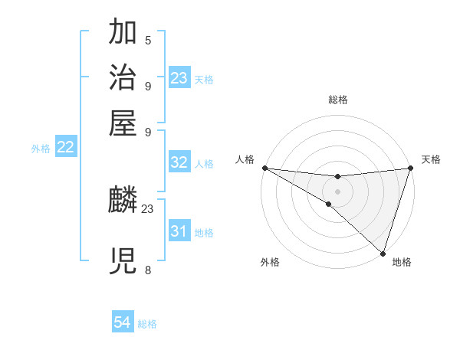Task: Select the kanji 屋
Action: [123, 122]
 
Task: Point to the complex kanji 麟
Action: [123, 201]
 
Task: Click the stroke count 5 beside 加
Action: [148, 40]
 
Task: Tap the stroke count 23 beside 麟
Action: [148, 208]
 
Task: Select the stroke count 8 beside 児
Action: [148, 270]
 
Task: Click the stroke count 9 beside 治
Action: [148, 85]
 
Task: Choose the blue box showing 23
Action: [179, 77]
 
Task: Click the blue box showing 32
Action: [179, 162]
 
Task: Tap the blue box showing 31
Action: [179, 231]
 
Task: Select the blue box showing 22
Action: [65, 147]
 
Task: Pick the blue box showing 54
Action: [123, 323]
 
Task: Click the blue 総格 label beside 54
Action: [147, 324]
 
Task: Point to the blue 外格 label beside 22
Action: [41, 149]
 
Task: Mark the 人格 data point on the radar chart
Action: [264, 168]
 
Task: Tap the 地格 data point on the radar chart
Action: [383, 252]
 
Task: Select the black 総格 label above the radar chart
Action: [337, 100]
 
